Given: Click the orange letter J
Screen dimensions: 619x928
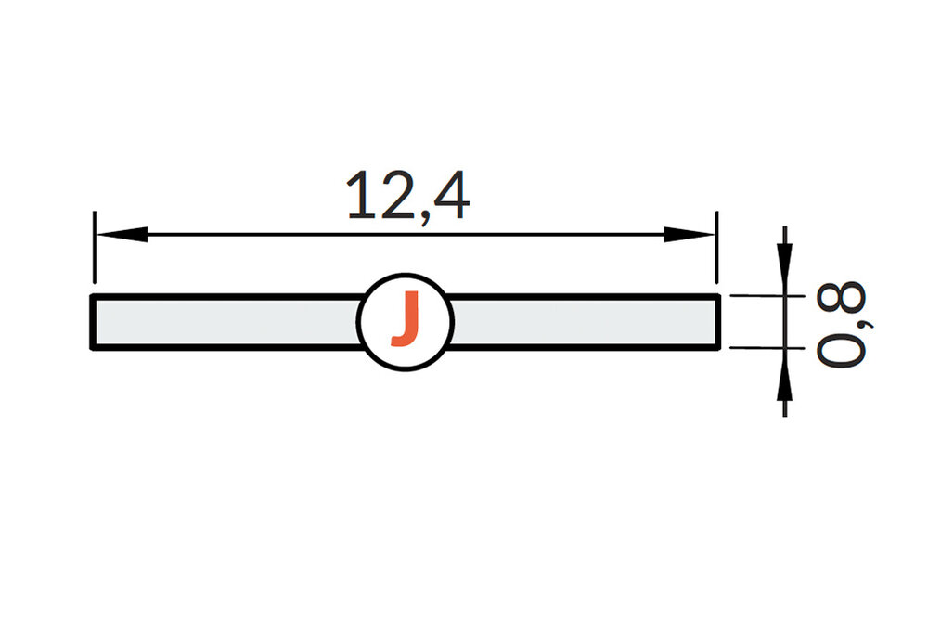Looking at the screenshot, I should pos(405,320).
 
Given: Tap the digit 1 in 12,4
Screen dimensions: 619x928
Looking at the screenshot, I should pos(363,196).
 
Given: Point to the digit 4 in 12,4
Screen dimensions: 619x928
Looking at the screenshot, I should pos(450,196).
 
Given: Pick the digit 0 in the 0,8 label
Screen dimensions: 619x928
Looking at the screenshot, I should pos(843,348).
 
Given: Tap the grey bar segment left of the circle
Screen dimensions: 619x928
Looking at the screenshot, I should pos(223,322).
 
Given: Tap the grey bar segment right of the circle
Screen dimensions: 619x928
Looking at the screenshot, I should pos(585,322).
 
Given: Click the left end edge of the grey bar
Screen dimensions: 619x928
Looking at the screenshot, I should pos(92,322).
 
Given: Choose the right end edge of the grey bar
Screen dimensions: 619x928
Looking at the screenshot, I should pos(718,322).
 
